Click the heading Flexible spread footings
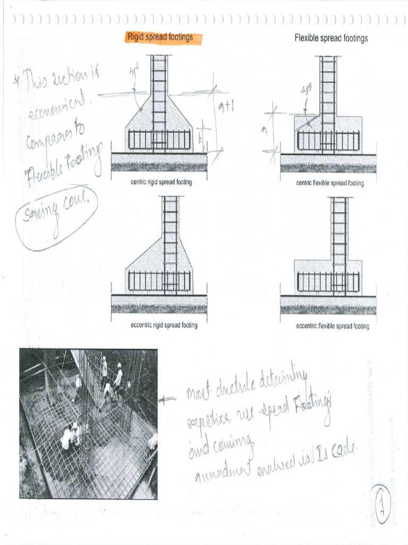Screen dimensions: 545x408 tap(331, 38)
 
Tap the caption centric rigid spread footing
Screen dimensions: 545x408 tap(161, 182)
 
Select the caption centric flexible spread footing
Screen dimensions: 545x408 tap(330, 183)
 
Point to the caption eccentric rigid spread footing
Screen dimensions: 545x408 tap(164, 325)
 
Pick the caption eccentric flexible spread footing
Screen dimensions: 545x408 tap(332, 326)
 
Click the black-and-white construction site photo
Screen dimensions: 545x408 tap(88, 424)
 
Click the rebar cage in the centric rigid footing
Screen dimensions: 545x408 tap(159, 141)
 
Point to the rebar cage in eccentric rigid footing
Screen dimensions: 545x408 tap(159, 282)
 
